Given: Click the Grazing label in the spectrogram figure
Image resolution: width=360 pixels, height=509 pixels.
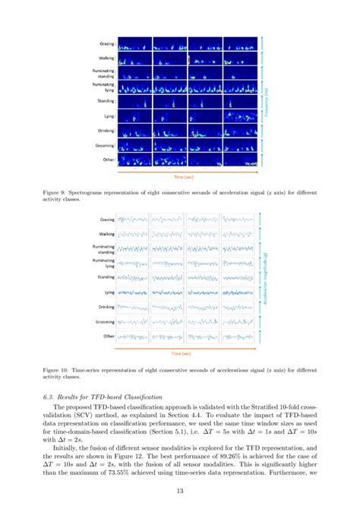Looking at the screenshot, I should [x=105, y=43].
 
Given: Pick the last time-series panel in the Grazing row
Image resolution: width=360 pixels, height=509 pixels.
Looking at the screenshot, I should [x=240, y=220].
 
